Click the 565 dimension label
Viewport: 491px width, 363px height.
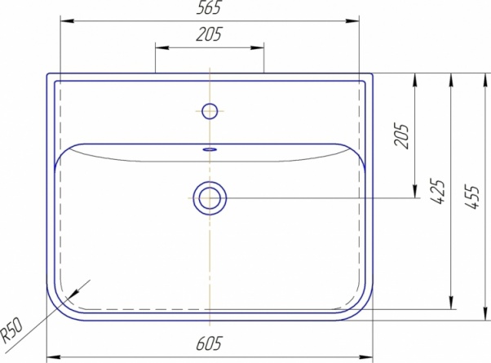pyautogui.click(x=209, y=7)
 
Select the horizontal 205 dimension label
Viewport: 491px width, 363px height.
pyautogui.click(x=209, y=34)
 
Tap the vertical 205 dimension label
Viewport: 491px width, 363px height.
pyautogui.click(x=402, y=135)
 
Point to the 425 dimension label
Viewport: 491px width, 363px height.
pyautogui.click(x=437, y=192)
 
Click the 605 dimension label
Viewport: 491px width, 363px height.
pyautogui.click(x=209, y=343)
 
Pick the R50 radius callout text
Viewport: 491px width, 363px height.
pyautogui.click(x=11, y=330)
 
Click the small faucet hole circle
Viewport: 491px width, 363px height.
pyautogui.click(x=210, y=111)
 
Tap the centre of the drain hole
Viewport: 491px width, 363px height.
pyautogui.click(x=210, y=198)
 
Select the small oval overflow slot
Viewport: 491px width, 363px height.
pyautogui.click(x=210, y=149)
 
